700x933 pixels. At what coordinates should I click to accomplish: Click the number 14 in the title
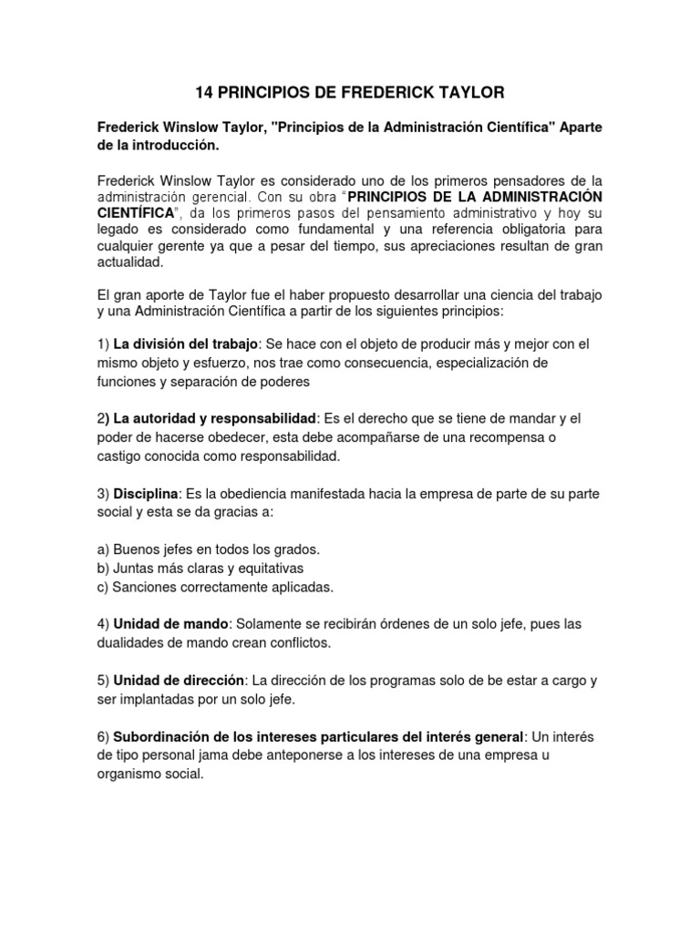pos(206,92)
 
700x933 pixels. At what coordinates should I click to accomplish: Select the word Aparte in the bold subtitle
pos(574,128)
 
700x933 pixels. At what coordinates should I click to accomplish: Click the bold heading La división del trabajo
pos(186,344)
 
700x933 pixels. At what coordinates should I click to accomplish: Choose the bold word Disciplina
pos(147,493)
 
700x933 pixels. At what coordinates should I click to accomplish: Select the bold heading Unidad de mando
pos(170,624)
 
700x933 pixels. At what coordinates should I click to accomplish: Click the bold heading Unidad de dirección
pos(179,680)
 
